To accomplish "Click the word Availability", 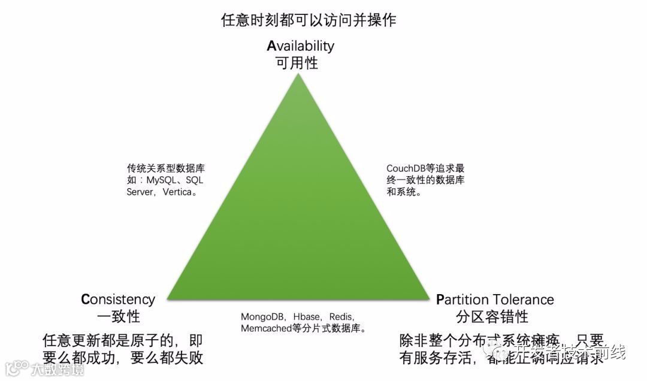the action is (x=300, y=46).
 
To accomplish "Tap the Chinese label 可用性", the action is (x=297, y=63).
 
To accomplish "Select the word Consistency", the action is (x=118, y=300).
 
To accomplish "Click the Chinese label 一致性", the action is (x=118, y=316).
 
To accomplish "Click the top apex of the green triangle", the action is (x=298, y=74).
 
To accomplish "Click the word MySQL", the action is (x=162, y=180).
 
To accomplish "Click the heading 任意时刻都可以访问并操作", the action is (x=309, y=20).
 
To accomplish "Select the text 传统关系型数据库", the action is (x=165, y=168).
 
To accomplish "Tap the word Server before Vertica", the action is (x=140, y=192).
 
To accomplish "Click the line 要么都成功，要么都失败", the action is (x=123, y=358).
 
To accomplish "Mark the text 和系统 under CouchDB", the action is (x=400, y=192).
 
